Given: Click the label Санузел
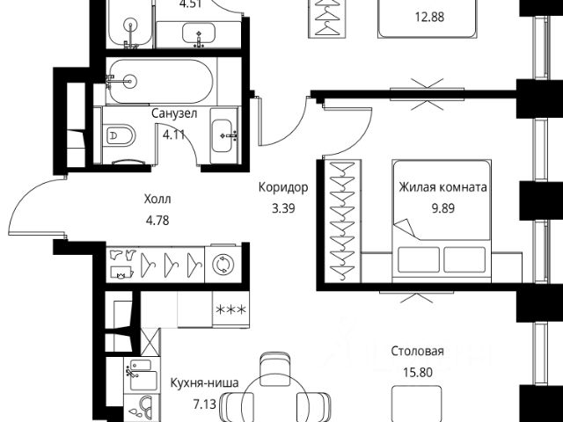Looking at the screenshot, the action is tap(173, 114).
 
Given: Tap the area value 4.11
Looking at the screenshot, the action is tap(173, 135).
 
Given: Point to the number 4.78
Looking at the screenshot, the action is tap(156, 220).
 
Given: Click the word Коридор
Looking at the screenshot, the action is tap(283, 187).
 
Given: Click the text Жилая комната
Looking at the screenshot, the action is tap(443, 187).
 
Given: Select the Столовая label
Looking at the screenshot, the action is tap(417, 352).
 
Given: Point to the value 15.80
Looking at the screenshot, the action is tap(417, 372).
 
